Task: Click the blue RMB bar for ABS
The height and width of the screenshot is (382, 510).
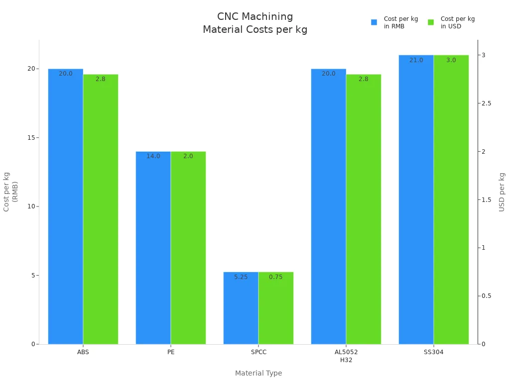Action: tap(65, 209)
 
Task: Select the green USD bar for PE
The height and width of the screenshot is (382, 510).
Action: tap(188, 249)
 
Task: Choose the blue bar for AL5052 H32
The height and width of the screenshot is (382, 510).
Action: tap(328, 209)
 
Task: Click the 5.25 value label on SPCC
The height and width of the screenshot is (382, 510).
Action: tap(241, 277)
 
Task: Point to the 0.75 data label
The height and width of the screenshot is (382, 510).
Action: tap(275, 277)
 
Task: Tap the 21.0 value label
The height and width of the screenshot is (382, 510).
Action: tap(416, 60)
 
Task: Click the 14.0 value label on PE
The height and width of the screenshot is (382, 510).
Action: tap(153, 156)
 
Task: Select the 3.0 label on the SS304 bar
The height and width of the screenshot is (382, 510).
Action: tap(451, 60)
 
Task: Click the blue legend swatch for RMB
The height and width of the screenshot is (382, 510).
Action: tap(374, 22)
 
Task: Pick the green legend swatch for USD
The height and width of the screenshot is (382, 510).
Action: tap(431, 22)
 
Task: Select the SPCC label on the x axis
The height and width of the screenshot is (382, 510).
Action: tap(258, 352)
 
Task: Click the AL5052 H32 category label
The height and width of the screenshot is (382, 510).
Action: tap(346, 356)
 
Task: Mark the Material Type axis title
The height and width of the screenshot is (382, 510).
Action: tap(258, 373)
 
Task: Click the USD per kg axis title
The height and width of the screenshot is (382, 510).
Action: tap(502, 192)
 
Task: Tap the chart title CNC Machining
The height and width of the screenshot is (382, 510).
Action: tap(255, 16)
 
